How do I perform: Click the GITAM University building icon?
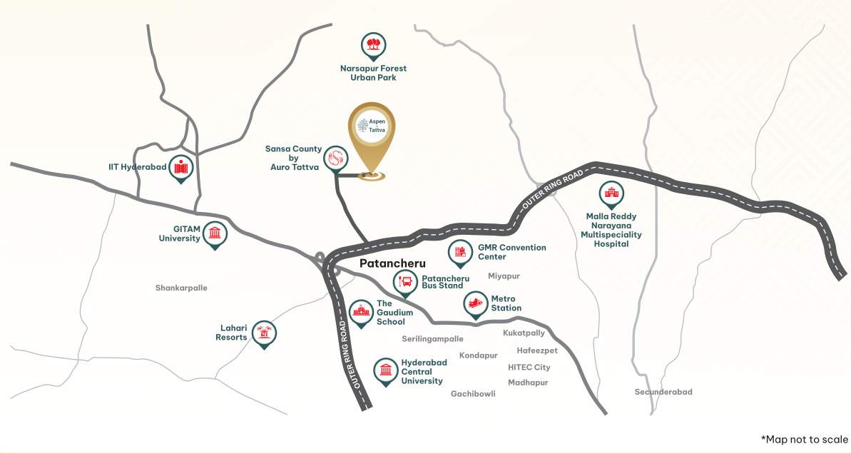[x=215, y=233]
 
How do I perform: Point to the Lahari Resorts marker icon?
[x=265, y=332]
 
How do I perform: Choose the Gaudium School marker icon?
[x=362, y=312]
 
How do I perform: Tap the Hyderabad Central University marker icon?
[x=386, y=370]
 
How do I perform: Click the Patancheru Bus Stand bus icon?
[x=405, y=282]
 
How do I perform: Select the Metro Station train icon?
[x=475, y=303]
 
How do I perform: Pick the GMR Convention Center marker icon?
[x=459, y=252]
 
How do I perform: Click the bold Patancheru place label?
[x=392, y=264]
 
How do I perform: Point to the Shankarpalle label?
[x=180, y=288]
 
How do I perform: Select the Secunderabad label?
[x=663, y=392]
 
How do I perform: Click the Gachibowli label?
[x=473, y=393]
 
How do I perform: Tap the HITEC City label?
[x=529, y=367]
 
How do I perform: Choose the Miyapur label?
[x=504, y=276]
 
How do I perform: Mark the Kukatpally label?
[x=524, y=333]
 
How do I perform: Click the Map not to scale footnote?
[x=804, y=439]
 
